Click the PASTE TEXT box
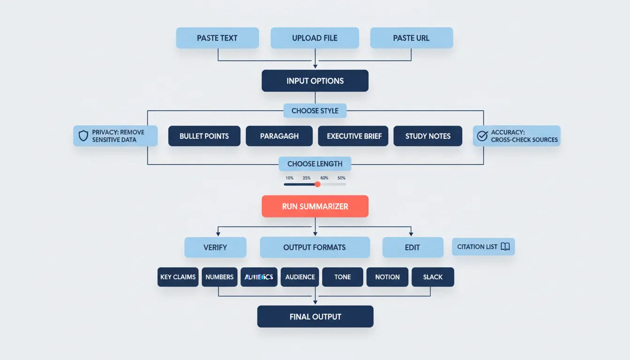[x=217, y=38]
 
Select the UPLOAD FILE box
[x=315, y=38]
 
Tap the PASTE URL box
[x=411, y=38]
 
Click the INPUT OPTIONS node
[x=315, y=81]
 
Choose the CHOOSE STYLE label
[x=315, y=111]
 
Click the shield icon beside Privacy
[x=83, y=136]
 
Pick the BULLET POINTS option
[x=204, y=136]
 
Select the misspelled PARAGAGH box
[x=279, y=136]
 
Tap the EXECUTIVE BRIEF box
[x=354, y=136]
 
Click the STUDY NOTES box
[x=427, y=136]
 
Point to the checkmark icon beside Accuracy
[x=482, y=136]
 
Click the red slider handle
[x=317, y=184]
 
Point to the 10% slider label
[x=289, y=178]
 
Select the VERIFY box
[x=215, y=247]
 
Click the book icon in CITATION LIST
[x=505, y=247]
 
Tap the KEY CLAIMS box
[x=178, y=277]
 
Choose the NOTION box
[x=387, y=277]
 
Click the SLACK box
[x=432, y=277]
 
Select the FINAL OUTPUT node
[x=315, y=316]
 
